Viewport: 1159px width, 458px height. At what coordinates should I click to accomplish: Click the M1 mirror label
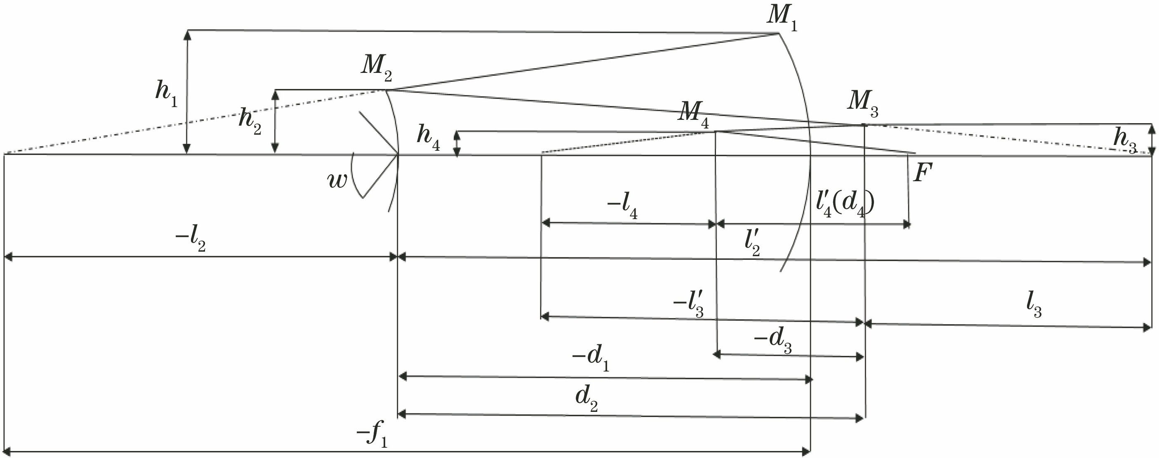782,17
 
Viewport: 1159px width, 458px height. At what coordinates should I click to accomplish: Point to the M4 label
693,114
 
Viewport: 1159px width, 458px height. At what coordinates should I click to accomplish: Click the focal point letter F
923,173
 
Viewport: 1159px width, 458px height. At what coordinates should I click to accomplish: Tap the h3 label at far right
1124,140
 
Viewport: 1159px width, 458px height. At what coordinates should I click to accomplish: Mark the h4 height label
428,137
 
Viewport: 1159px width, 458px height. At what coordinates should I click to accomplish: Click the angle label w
337,180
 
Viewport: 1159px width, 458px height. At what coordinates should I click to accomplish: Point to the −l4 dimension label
622,206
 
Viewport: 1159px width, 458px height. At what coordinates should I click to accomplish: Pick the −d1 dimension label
591,359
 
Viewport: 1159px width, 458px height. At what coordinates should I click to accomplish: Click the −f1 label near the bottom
372,435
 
